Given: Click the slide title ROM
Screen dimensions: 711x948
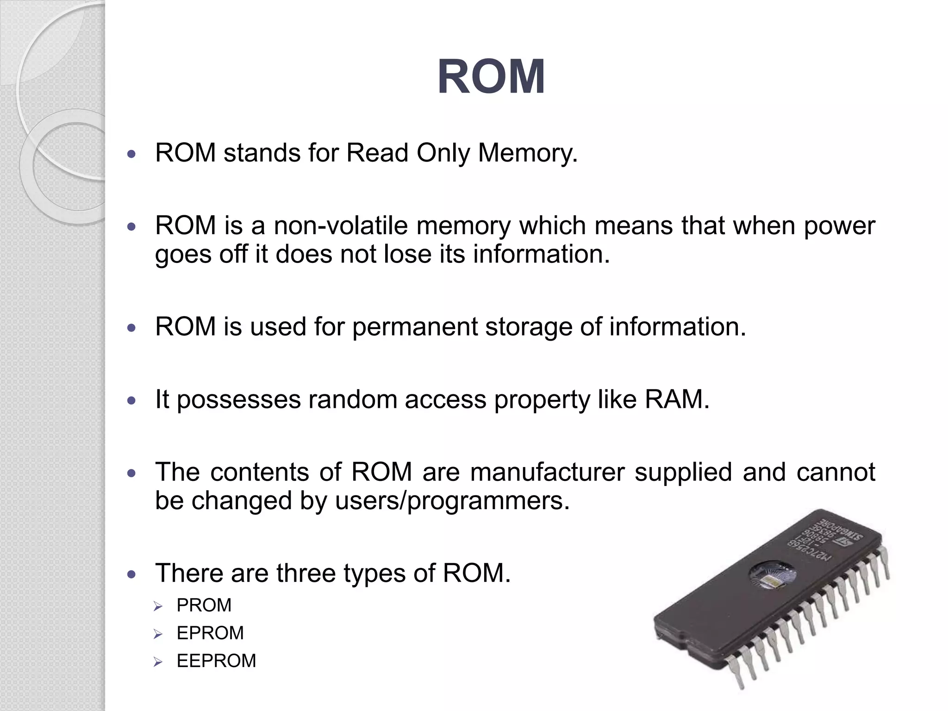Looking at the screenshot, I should (491, 77).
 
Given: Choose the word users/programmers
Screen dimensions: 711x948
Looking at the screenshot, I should (452, 501).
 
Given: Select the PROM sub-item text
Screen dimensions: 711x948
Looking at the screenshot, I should (204, 605).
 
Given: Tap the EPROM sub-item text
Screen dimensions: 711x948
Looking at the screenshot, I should (210, 633).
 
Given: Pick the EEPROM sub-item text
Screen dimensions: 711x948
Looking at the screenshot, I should (216, 661).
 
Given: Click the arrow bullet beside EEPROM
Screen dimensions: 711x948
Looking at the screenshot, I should (158, 662).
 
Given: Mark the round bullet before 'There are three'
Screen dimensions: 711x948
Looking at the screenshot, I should (132, 574).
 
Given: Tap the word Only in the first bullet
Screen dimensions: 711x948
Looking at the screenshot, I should (443, 153).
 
